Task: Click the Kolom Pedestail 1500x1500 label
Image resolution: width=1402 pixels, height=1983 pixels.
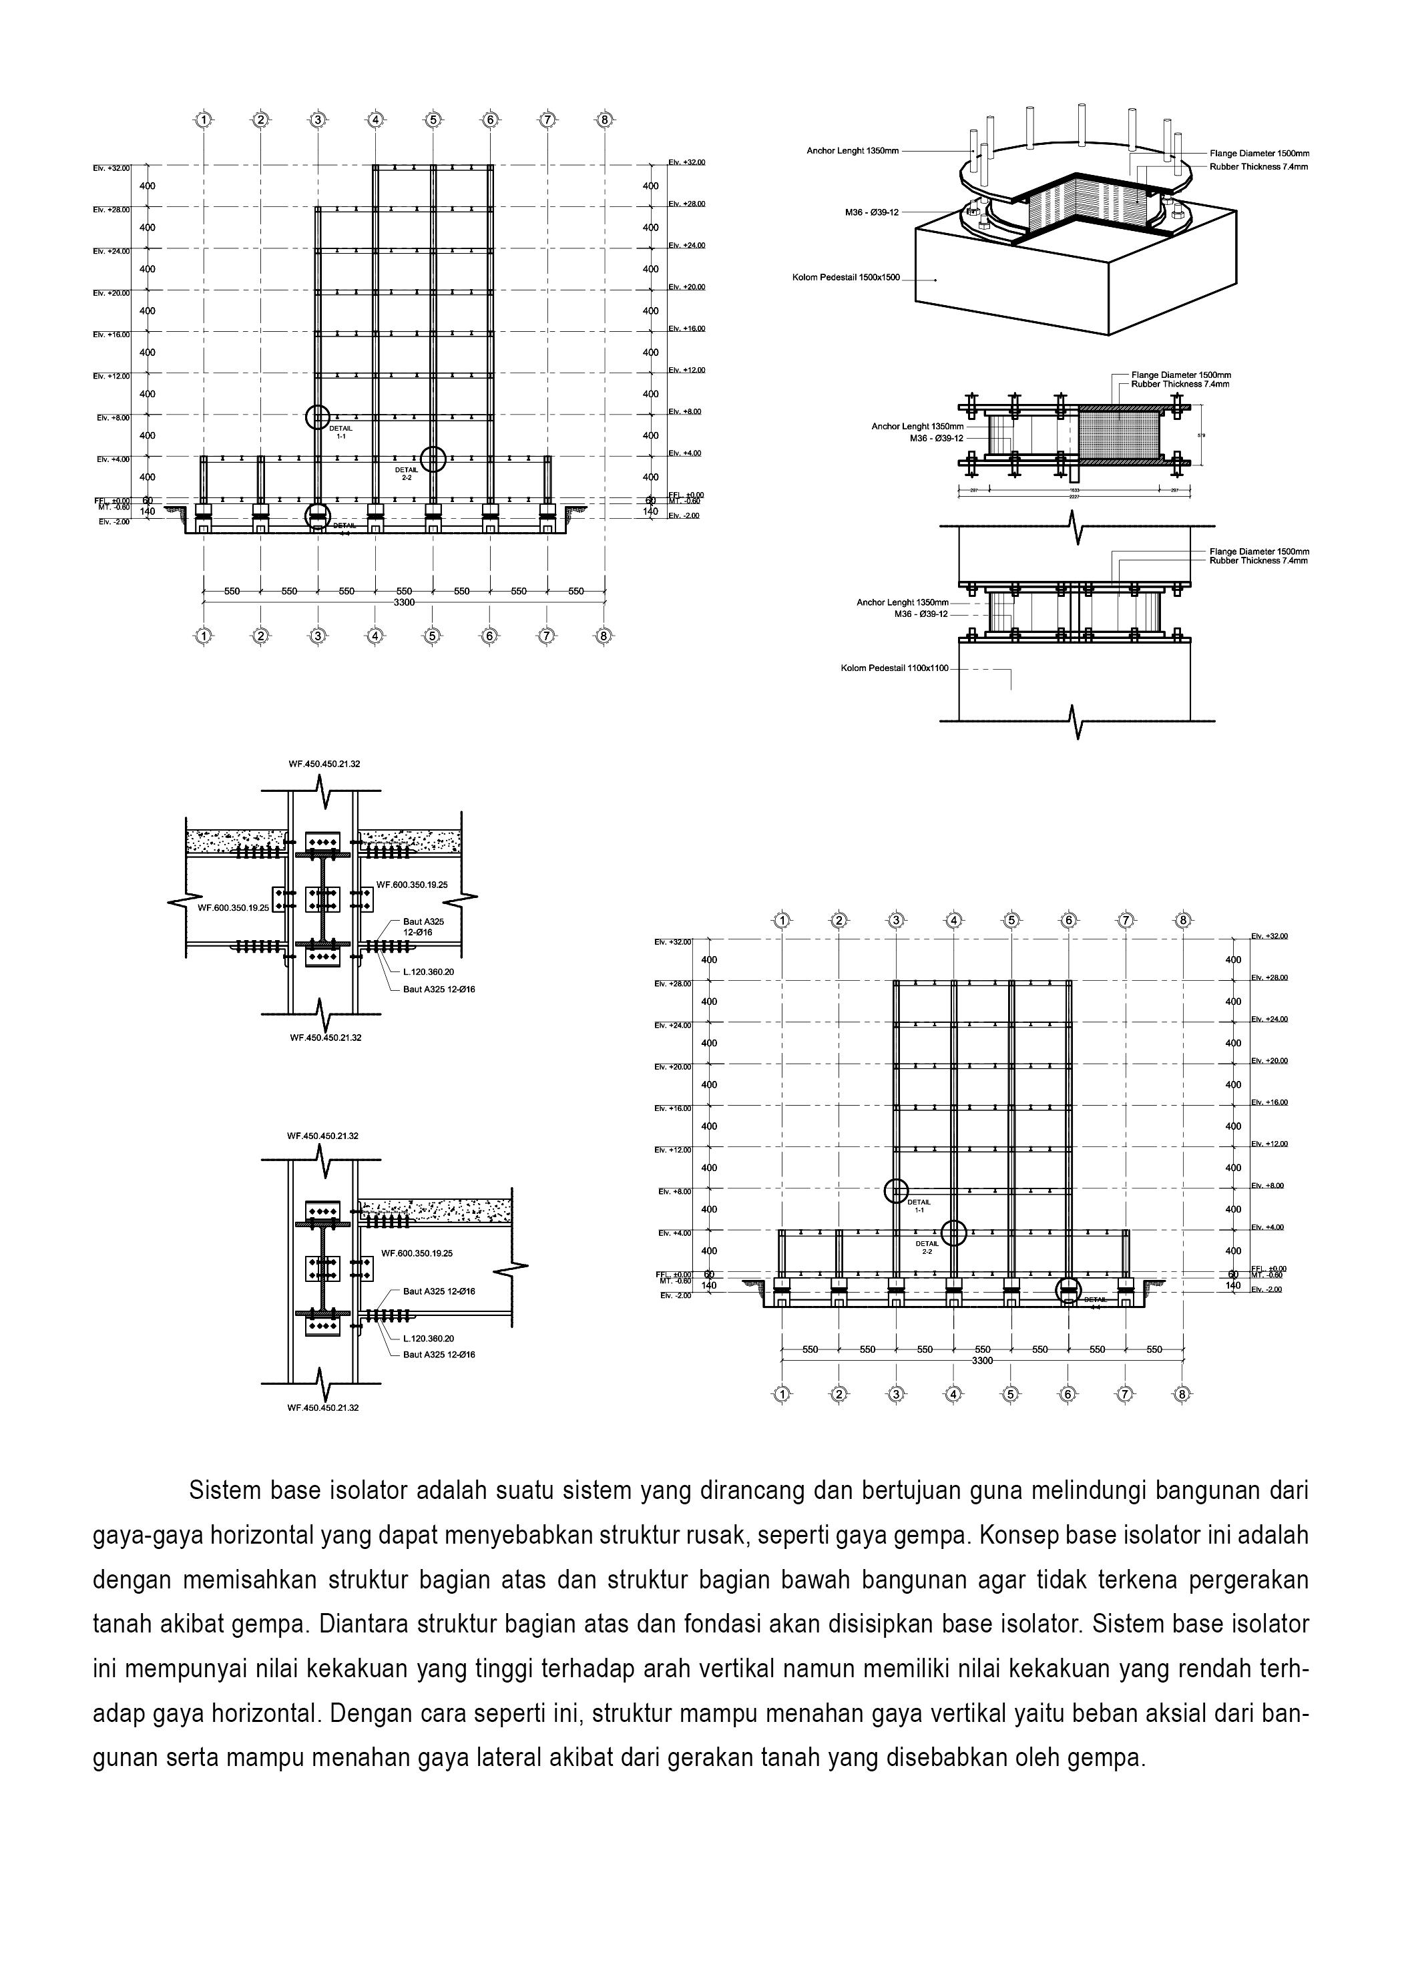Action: coord(846,277)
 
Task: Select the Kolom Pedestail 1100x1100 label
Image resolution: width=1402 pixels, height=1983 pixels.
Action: coord(894,668)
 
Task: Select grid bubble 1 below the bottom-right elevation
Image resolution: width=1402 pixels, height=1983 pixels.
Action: coord(782,1393)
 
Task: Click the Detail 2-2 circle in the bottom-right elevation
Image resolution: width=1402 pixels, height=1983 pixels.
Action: coord(953,1233)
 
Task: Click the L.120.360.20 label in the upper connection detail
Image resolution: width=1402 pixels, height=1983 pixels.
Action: coord(429,971)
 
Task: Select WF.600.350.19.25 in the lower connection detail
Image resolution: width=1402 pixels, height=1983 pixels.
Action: coord(417,1253)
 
